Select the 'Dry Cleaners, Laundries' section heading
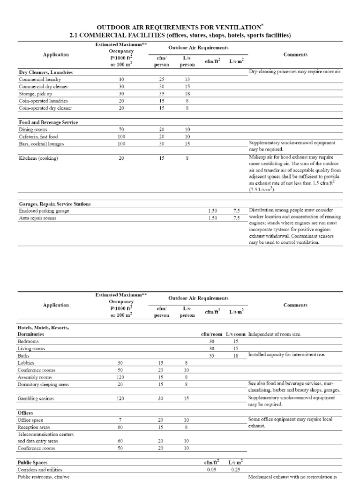point(45,73)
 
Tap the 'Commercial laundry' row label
point(40,80)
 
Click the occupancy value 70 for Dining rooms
point(121,129)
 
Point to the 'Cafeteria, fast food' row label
point(40,136)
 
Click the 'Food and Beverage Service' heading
point(48,122)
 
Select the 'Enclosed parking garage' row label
point(44,211)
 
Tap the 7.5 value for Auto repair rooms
point(237,218)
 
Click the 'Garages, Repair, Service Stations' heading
point(55,204)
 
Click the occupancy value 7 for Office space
point(121,420)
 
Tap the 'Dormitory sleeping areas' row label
point(43,384)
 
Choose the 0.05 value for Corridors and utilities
point(211,469)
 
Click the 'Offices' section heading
point(25,412)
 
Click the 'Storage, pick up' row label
point(37,94)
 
